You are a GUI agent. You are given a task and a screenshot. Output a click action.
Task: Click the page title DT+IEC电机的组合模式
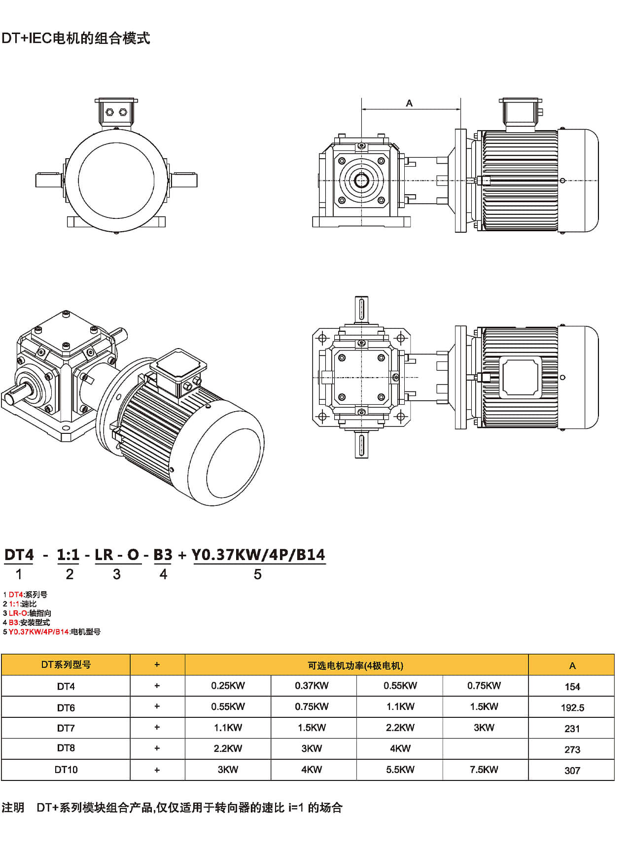pos(76,38)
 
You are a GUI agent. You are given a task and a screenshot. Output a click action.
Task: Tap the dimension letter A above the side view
pos(409,103)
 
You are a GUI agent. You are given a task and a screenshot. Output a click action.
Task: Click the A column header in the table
pos(572,666)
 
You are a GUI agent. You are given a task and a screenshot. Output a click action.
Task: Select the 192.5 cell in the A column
pos(572,707)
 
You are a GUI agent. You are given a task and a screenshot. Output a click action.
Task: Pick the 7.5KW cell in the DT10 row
pos(484,770)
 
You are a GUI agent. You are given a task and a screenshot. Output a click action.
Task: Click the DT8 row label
pos(66,748)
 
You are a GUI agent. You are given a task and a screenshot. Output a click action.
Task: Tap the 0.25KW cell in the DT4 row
pos(228,686)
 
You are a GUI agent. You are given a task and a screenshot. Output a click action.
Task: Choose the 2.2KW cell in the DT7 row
pos(400,728)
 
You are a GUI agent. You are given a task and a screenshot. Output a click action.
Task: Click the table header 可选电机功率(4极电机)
pos(355,666)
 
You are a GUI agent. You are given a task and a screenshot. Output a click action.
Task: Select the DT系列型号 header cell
pos(66,665)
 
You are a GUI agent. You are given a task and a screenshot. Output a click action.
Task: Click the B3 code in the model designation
pos(163,555)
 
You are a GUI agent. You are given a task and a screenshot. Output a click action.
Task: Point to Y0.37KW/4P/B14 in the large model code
pos(258,555)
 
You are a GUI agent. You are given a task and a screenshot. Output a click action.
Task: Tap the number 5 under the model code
pos(257,574)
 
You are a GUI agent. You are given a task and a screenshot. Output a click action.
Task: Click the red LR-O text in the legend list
pos(18,613)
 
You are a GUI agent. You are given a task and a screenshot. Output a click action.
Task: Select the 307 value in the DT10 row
pos(572,770)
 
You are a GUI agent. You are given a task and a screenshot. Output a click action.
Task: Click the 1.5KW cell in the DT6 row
pos(484,707)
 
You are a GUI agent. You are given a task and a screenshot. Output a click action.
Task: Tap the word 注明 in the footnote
pos(13,808)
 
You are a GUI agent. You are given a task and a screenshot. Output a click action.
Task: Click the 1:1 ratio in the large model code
pos(68,555)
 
